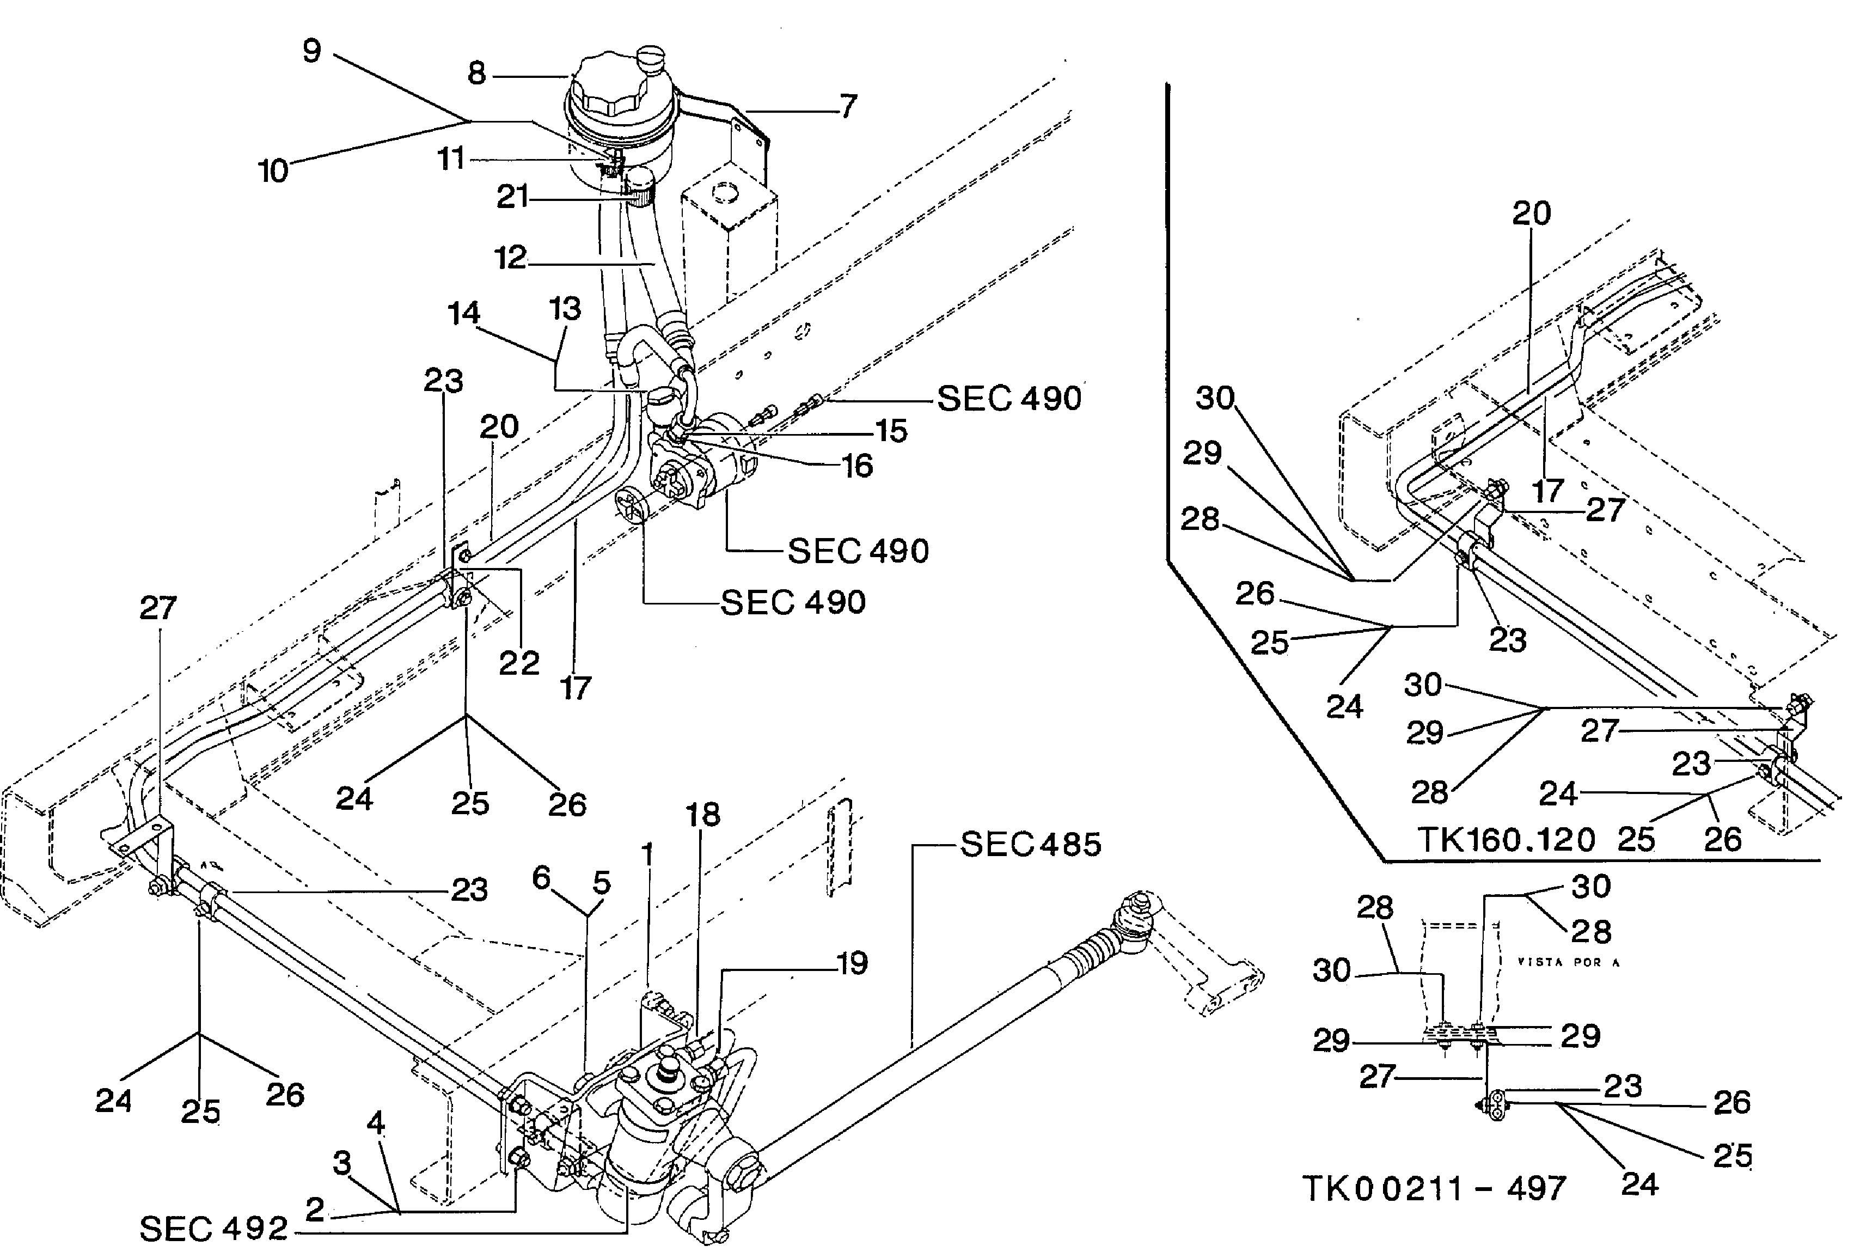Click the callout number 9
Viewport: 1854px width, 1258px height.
click(312, 51)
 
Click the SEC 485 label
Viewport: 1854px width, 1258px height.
click(1030, 845)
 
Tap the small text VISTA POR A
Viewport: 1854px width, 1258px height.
click(1568, 962)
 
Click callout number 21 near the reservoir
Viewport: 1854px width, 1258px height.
click(512, 196)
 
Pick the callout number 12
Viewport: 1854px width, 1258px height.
click(511, 258)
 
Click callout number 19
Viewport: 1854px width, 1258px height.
click(852, 963)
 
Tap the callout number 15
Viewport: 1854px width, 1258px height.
click(891, 431)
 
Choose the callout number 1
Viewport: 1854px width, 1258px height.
click(647, 854)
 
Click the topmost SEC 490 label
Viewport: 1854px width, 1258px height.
click(1008, 398)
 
